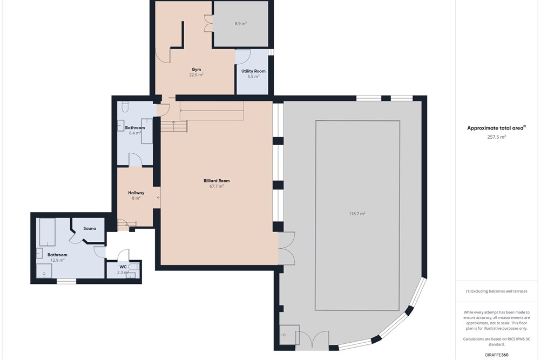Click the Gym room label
196,70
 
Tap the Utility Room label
253,71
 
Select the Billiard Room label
217,181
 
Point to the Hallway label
136,193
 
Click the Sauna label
90,228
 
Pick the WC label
123,267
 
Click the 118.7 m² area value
357,214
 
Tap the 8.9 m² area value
241,24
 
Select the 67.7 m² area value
217,186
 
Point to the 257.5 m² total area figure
497,137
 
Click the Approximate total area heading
496,128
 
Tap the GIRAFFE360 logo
497,355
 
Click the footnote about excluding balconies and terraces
497,291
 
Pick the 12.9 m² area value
58,260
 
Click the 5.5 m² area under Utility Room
253,77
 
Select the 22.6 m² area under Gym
196,74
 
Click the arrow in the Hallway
159,198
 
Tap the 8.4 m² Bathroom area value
135,133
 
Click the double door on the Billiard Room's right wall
287,248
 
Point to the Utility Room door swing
243,57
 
